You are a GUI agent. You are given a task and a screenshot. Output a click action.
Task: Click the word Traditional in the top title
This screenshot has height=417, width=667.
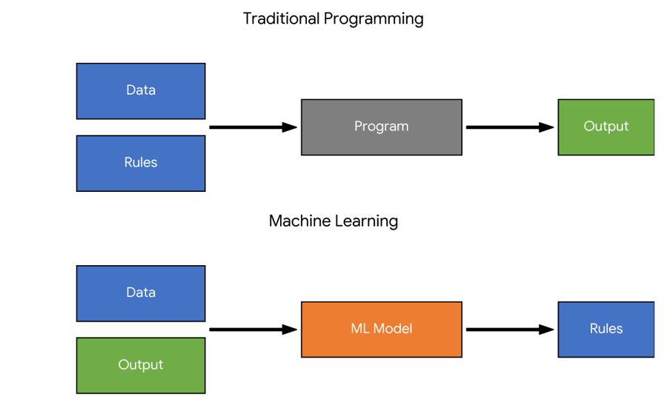pyautogui.click(x=281, y=19)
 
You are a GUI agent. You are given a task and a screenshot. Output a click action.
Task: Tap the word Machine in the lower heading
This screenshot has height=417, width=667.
pyautogui.click(x=299, y=221)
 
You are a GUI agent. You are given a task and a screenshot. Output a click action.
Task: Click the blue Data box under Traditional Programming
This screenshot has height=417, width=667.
pyautogui.click(x=141, y=91)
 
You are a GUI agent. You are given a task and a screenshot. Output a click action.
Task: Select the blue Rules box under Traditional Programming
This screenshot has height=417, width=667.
pyautogui.click(x=141, y=163)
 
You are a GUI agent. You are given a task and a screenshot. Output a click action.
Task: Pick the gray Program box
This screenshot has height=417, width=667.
pyautogui.click(x=382, y=127)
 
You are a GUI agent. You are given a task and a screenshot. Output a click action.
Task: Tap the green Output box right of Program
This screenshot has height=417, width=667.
pyautogui.click(x=606, y=127)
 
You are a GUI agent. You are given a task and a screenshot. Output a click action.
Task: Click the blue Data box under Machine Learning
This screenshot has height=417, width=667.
pyautogui.click(x=141, y=293)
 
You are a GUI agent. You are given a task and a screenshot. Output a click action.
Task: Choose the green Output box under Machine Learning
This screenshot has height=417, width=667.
pyautogui.click(x=141, y=366)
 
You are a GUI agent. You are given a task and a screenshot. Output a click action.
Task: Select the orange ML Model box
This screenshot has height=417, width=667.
pyautogui.click(x=382, y=330)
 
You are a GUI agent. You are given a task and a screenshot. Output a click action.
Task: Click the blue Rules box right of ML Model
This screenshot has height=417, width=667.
pyautogui.click(x=606, y=330)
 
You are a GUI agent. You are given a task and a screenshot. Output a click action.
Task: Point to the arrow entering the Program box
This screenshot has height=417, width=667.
pyautogui.click(x=253, y=127)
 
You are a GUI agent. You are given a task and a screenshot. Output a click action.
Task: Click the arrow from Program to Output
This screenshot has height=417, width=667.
pyautogui.click(x=510, y=127)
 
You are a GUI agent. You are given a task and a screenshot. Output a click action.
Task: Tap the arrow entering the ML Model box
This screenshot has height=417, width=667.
pyautogui.click(x=253, y=330)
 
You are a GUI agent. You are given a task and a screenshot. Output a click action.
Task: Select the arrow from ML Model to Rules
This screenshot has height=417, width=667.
pyautogui.click(x=510, y=330)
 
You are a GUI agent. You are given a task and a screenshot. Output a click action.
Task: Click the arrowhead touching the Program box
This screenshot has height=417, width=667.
pyautogui.click(x=290, y=127)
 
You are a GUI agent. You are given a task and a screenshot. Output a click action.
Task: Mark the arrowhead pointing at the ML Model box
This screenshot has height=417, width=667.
pyautogui.click(x=290, y=330)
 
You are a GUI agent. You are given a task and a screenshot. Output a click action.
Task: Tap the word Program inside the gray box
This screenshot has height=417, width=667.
pyautogui.click(x=382, y=127)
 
